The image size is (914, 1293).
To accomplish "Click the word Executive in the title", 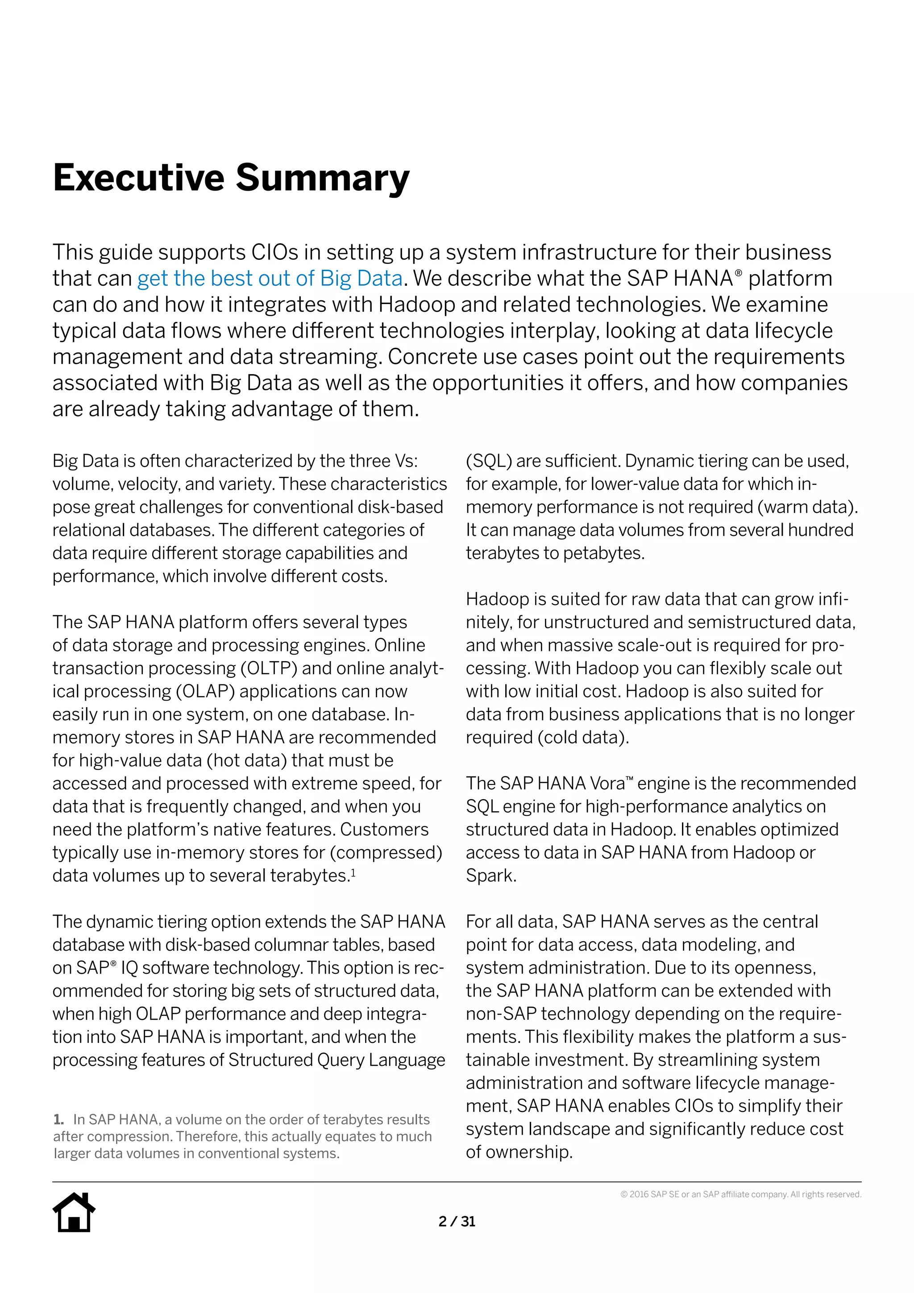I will (x=138, y=178).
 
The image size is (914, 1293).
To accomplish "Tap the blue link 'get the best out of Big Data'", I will (x=270, y=278).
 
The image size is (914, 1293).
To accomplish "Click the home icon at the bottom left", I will (x=74, y=1213).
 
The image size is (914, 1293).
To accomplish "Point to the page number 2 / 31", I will (x=457, y=1222).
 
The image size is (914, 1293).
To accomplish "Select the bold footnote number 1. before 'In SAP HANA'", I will (x=59, y=1120).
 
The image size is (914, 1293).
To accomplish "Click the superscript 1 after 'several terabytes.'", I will (x=353, y=872).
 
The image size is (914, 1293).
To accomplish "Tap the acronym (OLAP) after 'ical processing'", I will (x=205, y=692).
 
